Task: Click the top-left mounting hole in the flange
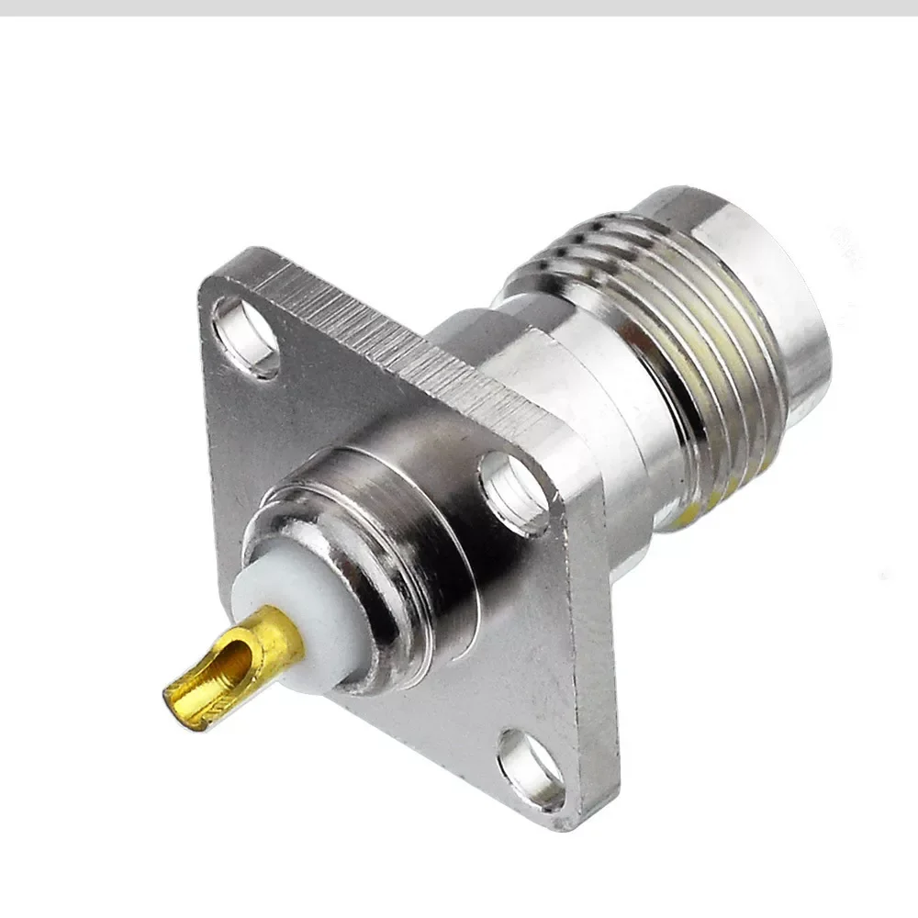point(245,335)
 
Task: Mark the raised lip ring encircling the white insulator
point(275,532)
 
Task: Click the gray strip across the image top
point(459,7)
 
